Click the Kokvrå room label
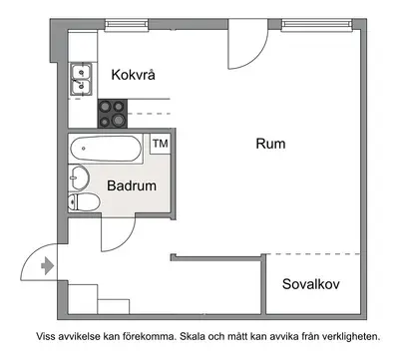click(x=133, y=75)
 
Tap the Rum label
click(x=270, y=144)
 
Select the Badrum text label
click(x=132, y=185)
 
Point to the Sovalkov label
click(x=311, y=284)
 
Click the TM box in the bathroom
click(x=161, y=144)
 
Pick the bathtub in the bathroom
click(x=106, y=149)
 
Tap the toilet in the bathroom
click(x=84, y=202)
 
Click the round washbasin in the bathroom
click(x=79, y=178)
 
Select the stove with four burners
click(x=113, y=114)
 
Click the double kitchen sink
click(x=81, y=79)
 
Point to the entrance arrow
click(x=47, y=266)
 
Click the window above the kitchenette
click(x=127, y=25)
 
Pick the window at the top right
click(x=316, y=25)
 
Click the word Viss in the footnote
click(x=46, y=336)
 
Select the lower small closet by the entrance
click(x=114, y=307)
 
